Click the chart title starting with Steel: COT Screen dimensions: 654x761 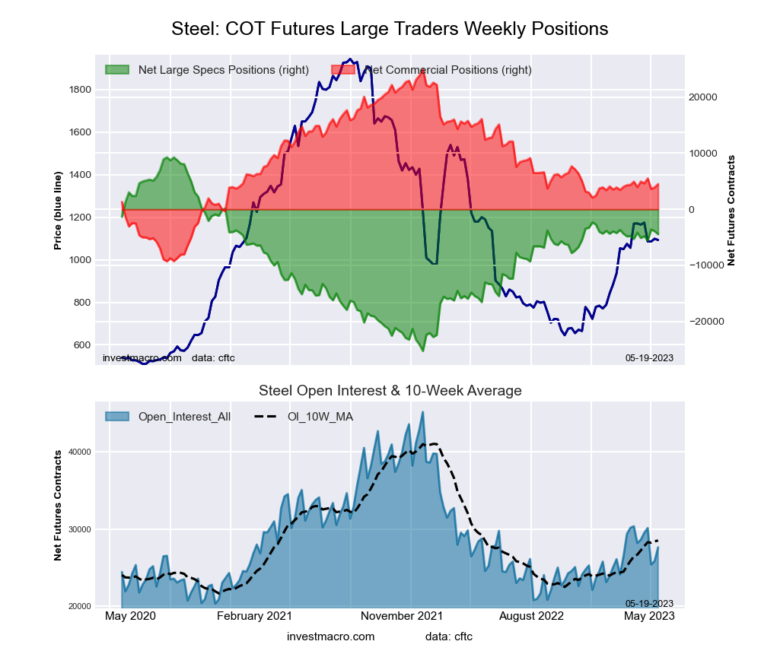point(390,29)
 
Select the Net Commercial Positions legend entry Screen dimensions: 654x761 point(447,70)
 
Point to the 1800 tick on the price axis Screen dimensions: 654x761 point(80,90)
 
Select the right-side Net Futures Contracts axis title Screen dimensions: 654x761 point(731,210)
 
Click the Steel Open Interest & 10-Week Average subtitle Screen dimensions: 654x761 point(390,391)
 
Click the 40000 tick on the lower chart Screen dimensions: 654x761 point(80,452)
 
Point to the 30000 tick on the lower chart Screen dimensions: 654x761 point(80,529)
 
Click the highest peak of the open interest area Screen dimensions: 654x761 point(423,412)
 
